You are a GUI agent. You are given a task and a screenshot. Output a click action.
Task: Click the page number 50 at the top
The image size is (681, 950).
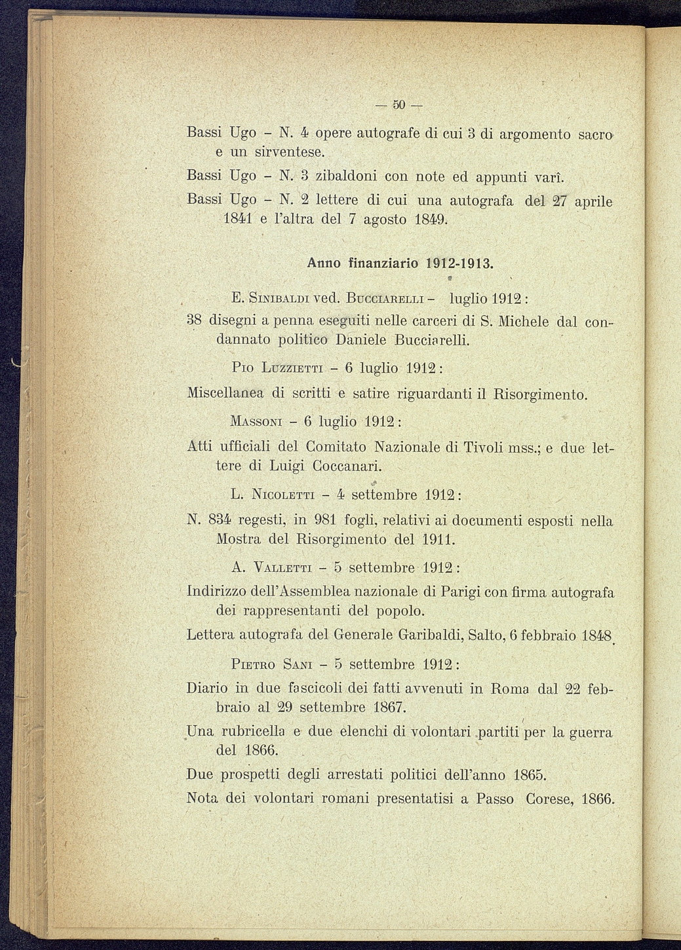(399, 105)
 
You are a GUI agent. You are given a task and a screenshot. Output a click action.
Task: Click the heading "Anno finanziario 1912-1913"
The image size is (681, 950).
(400, 263)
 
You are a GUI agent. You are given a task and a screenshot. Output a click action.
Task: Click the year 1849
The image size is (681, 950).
(431, 219)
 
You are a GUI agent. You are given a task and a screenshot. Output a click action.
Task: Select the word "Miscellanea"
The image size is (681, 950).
(225, 394)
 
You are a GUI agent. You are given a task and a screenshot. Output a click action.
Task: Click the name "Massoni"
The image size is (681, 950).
(258, 420)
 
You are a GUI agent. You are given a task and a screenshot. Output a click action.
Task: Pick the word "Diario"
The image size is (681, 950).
(208, 688)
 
